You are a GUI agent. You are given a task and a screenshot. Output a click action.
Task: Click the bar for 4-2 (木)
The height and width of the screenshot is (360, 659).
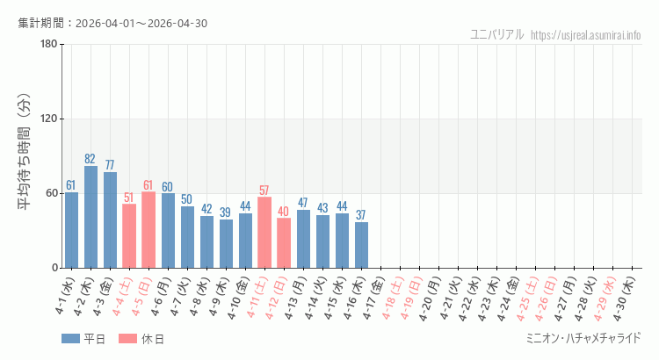pyautogui.click(x=91, y=217)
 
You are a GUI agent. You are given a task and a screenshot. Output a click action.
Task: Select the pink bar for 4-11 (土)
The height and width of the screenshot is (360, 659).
pyautogui.click(x=264, y=233)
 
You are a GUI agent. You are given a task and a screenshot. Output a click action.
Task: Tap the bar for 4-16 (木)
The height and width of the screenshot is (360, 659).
pyautogui.click(x=361, y=245)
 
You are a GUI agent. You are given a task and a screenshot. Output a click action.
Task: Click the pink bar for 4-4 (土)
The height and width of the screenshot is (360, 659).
pyautogui.click(x=129, y=236)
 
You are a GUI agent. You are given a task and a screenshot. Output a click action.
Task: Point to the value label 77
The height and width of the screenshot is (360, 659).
pyautogui.click(x=110, y=165)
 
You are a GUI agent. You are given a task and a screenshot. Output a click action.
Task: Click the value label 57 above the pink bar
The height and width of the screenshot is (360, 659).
pyautogui.click(x=264, y=191)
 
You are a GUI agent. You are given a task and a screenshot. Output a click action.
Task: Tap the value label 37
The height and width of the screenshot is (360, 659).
pyautogui.click(x=361, y=215)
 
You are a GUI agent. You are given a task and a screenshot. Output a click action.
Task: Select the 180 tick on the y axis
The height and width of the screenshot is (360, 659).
pyautogui.click(x=48, y=45)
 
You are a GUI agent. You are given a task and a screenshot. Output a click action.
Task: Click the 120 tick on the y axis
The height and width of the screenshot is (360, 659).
pyautogui.click(x=48, y=119)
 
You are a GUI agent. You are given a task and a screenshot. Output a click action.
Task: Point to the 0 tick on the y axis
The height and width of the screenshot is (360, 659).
pyautogui.click(x=54, y=268)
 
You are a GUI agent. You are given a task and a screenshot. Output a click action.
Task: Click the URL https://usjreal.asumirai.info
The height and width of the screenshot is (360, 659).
pyautogui.click(x=586, y=34)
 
